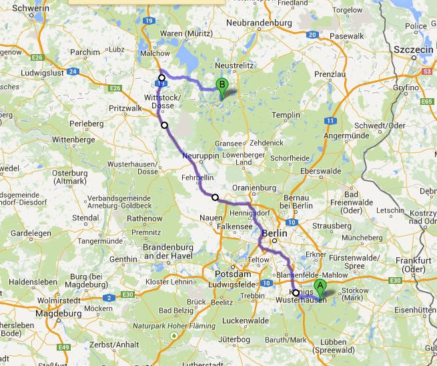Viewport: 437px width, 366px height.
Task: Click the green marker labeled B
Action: tap(222, 85)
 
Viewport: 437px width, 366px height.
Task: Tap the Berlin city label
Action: tap(274, 234)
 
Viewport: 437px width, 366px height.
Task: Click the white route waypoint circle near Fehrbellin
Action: tap(215, 197)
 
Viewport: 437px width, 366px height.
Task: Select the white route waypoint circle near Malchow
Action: tap(161, 78)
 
